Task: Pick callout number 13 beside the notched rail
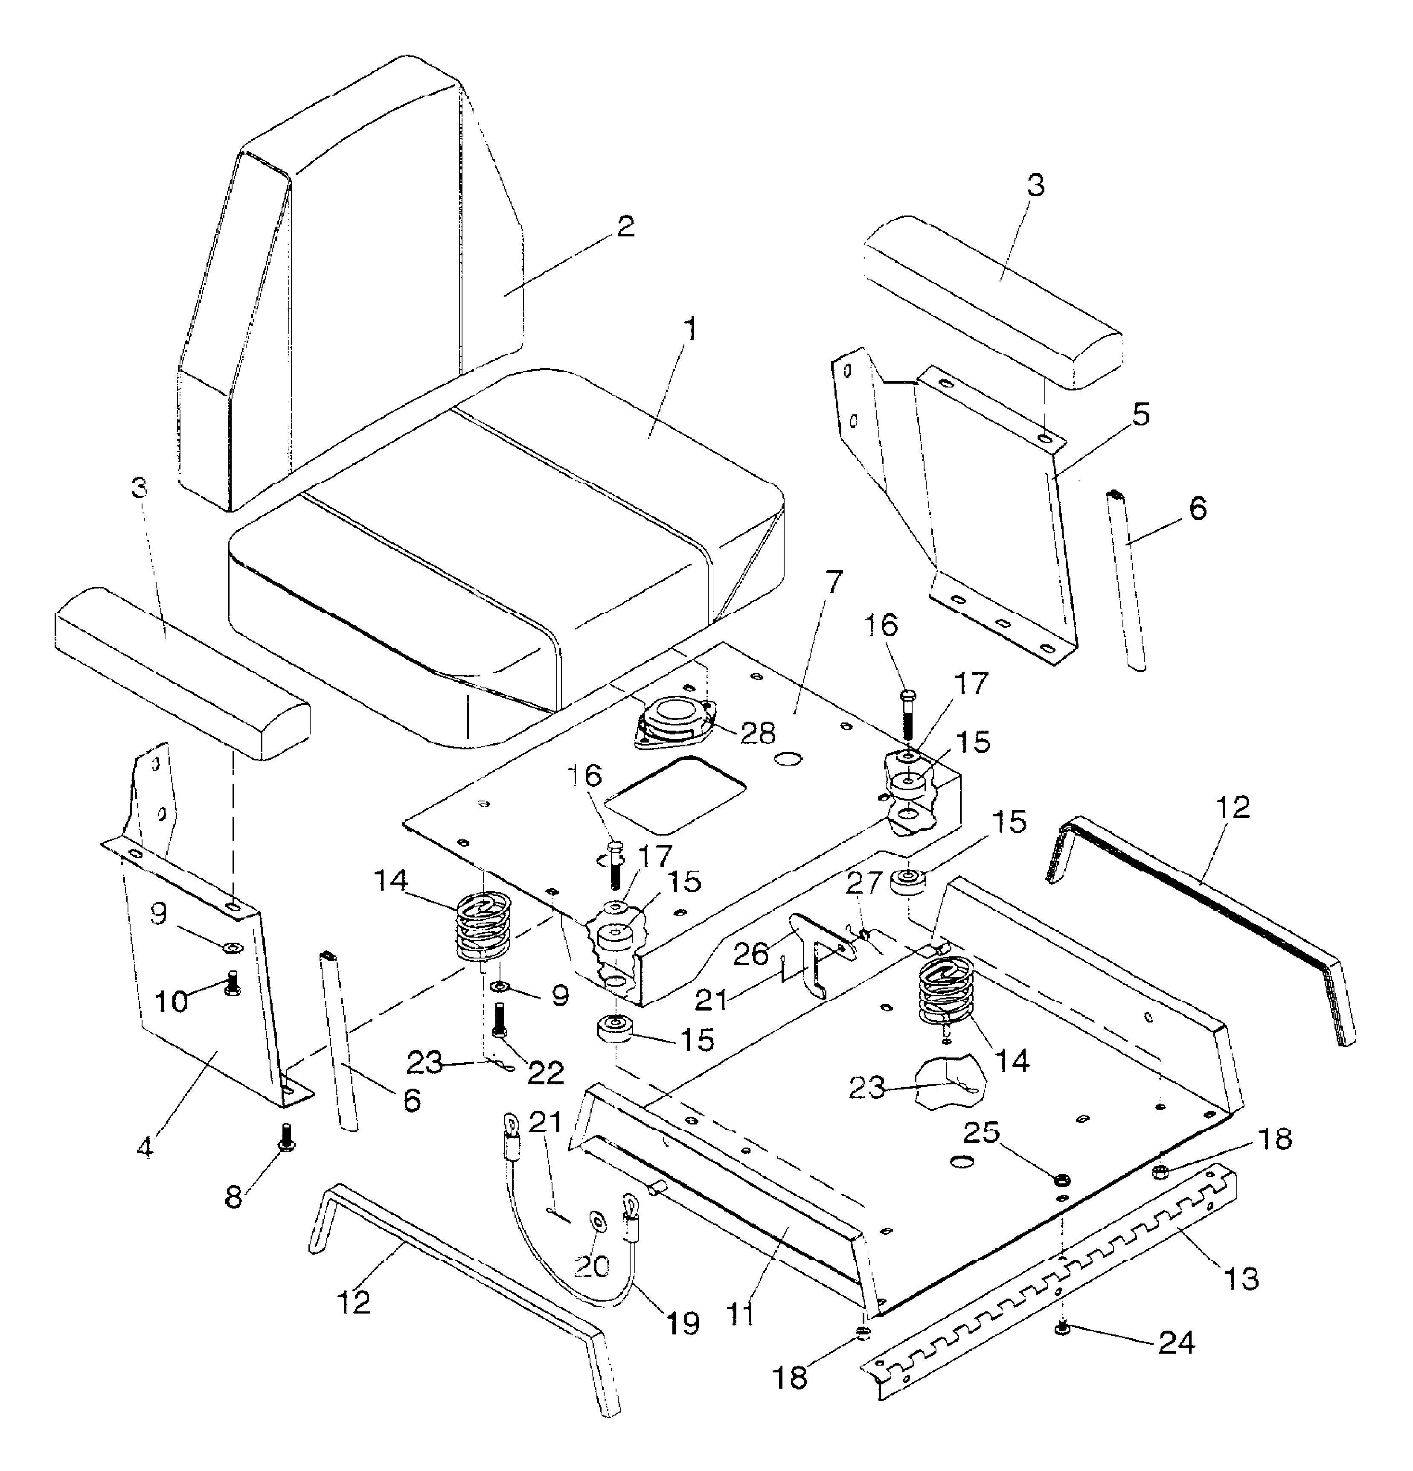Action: point(1241,1277)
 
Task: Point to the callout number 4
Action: point(145,1147)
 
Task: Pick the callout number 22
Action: point(546,1073)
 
